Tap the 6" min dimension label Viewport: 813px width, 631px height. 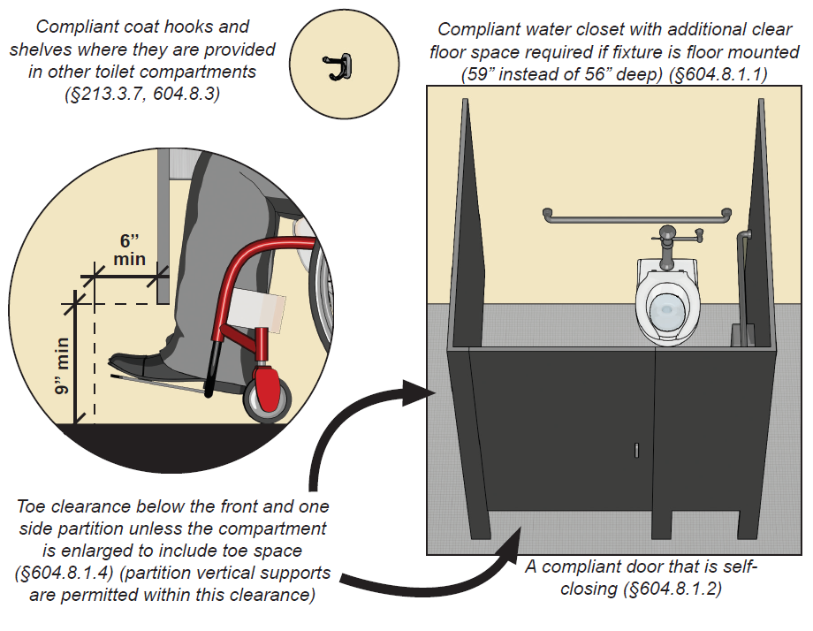pos(129,250)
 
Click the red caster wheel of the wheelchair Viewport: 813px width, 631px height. pos(270,391)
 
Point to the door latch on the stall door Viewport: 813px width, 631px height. pos(635,450)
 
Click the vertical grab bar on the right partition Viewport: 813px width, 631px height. pos(742,274)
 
